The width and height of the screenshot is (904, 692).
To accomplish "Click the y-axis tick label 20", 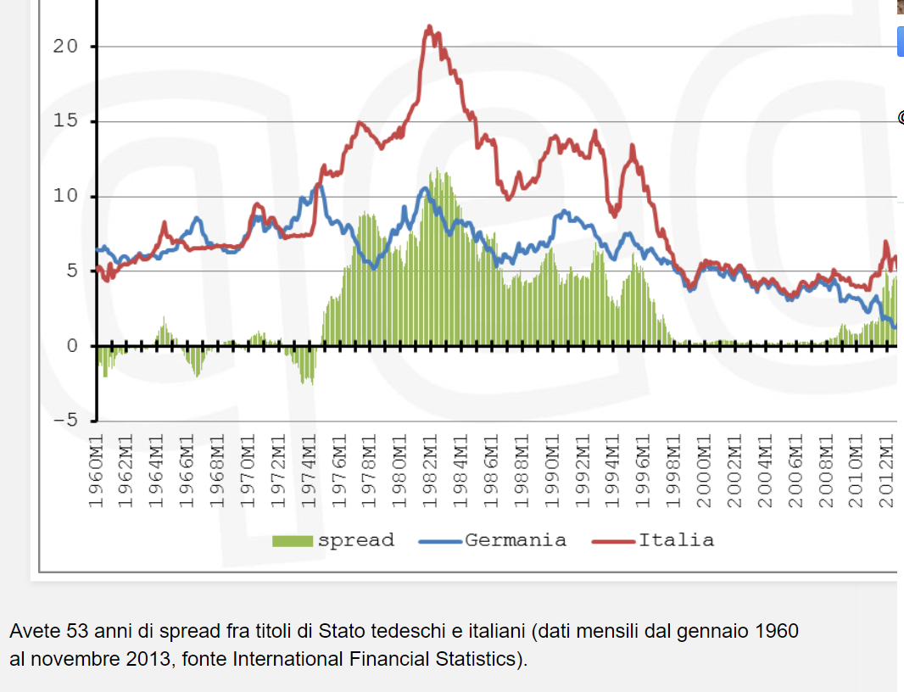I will (65, 47).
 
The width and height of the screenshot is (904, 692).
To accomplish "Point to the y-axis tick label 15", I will (65, 121).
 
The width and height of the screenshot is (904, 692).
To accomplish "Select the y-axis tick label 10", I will (65, 196).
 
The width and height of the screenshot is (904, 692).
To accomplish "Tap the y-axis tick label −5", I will (59, 420).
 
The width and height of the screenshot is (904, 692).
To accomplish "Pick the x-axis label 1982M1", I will (430, 471).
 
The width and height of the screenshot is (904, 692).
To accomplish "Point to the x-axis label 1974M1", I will (309, 471).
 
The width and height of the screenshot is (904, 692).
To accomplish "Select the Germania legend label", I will (516, 540).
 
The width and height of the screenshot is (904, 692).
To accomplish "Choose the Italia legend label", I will (676, 540).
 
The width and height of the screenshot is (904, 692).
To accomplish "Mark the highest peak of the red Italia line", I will (429, 27).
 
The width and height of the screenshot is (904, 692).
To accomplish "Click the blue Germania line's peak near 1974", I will (319, 185).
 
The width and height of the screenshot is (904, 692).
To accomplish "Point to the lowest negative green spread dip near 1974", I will (311, 383).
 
